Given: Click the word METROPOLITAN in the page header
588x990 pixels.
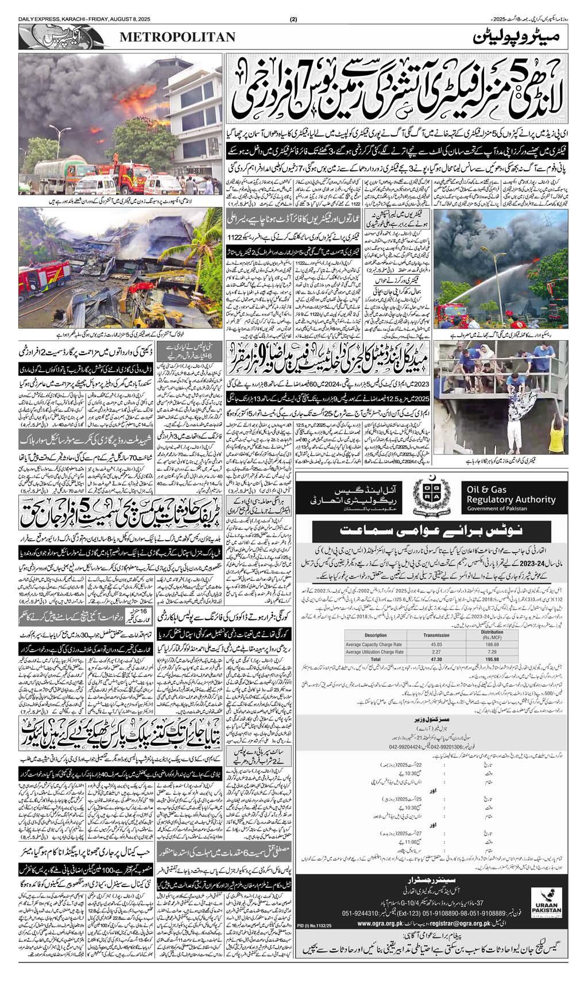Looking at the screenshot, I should [177, 37].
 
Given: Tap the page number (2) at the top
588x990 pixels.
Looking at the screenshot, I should [293, 6].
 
